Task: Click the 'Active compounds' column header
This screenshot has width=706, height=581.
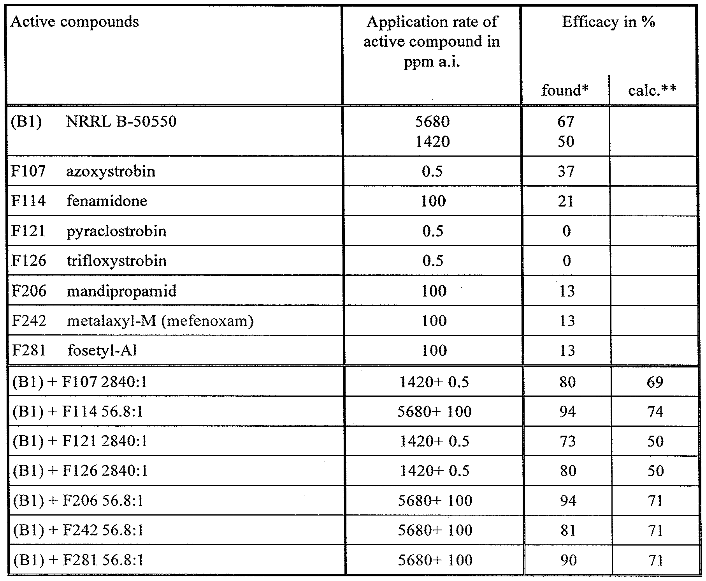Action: tap(74, 22)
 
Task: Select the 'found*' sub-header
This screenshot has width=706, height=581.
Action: tap(565, 90)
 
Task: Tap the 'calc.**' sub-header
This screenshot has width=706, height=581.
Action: tap(652, 90)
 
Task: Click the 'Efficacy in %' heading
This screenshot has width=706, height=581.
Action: tap(608, 22)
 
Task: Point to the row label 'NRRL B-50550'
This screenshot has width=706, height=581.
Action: tap(121, 122)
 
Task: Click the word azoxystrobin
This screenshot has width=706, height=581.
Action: tap(111, 171)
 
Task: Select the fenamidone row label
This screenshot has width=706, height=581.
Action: tap(107, 201)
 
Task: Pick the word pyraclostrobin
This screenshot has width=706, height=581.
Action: tap(116, 231)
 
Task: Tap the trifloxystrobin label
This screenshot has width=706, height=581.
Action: tap(116, 261)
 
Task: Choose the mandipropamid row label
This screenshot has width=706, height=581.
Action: tap(121, 291)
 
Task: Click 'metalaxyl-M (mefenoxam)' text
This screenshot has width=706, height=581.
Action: tap(160, 321)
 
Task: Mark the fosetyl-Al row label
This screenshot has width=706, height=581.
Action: tap(102, 351)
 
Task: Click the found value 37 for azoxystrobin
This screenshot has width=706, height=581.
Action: tap(566, 171)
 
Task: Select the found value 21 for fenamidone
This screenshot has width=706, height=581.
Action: tap(566, 201)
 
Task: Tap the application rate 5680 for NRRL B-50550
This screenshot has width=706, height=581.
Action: tap(432, 122)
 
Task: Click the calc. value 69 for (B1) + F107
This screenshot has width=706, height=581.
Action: tap(655, 382)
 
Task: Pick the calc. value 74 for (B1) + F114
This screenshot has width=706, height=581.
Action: tap(655, 411)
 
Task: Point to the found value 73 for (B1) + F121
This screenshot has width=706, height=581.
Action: tap(567, 441)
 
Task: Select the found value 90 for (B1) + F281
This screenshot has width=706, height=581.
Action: tap(568, 560)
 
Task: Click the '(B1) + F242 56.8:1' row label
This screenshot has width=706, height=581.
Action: tap(78, 530)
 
